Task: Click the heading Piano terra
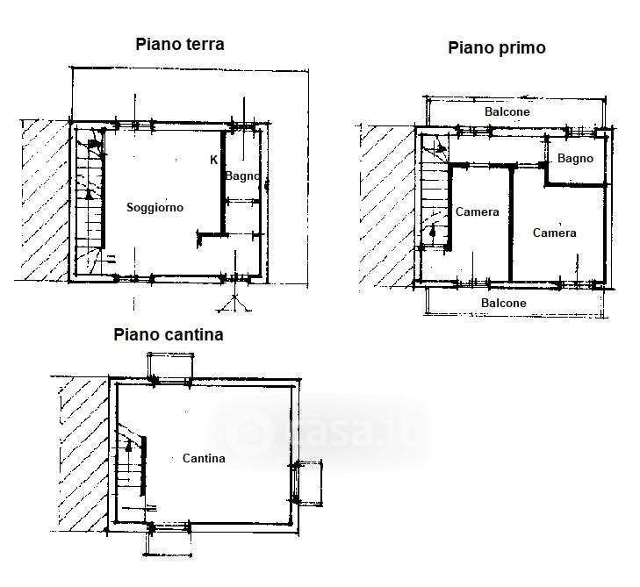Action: pyautogui.click(x=180, y=44)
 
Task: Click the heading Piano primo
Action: pyautogui.click(x=497, y=47)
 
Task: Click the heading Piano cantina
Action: pyautogui.click(x=169, y=335)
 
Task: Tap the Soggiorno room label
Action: pyautogui.click(x=155, y=207)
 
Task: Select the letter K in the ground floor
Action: pyautogui.click(x=213, y=161)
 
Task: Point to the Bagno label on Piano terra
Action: pyautogui.click(x=242, y=176)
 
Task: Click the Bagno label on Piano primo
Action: pyautogui.click(x=575, y=159)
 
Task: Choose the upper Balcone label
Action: pyautogui.click(x=507, y=111)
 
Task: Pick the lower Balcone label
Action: pyautogui.click(x=504, y=303)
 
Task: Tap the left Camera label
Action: pyautogui.click(x=477, y=212)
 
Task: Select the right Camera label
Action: pyautogui.click(x=554, y=233)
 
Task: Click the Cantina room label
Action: pyautogui.click(x=204, y=459)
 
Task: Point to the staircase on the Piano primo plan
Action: pyautogui.click(x=435, y=192)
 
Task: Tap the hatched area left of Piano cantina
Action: pyautogui.click(x=83, y=454)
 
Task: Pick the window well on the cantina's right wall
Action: pyautogui.click(x=307, y=483)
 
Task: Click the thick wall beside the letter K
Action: pyautogui.click(x=223, y=182)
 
